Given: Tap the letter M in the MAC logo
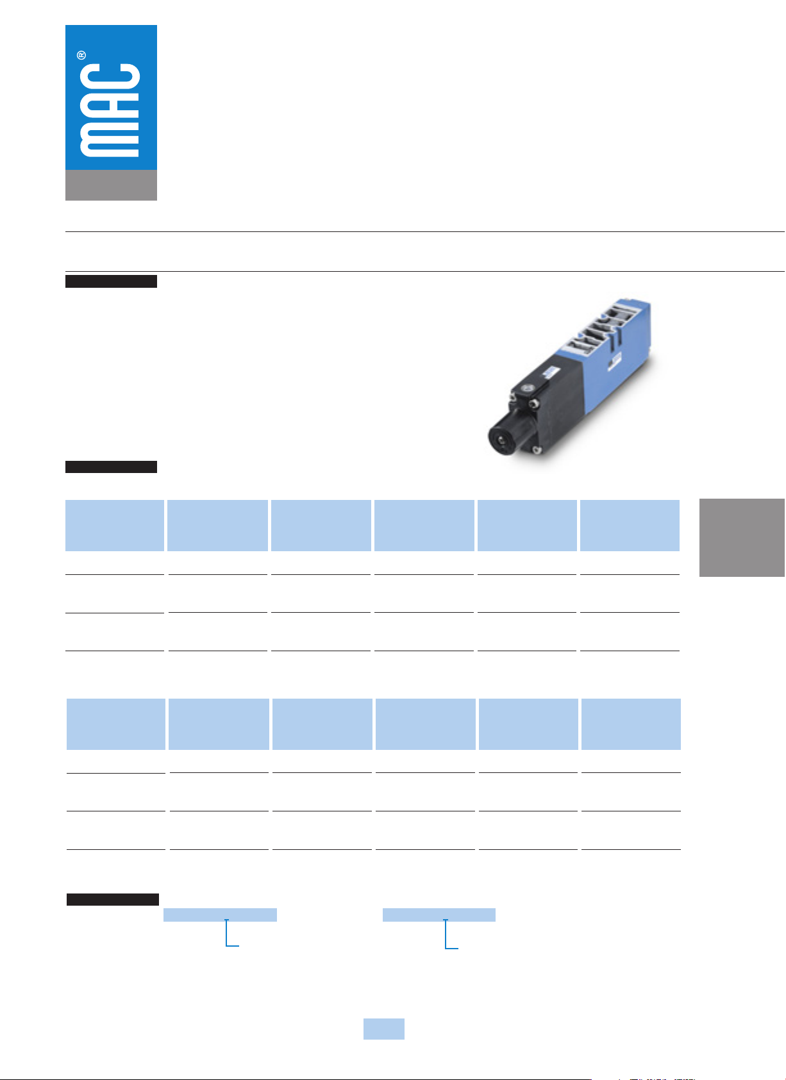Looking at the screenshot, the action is coord(110,139).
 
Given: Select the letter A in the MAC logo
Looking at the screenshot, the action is coord(110,108).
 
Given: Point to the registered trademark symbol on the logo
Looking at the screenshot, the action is coord(81,55).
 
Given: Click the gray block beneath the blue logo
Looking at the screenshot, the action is coord(111,185).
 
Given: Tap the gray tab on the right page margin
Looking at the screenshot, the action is coord(742,537).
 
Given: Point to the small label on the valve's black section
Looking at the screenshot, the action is coord(549,372).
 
